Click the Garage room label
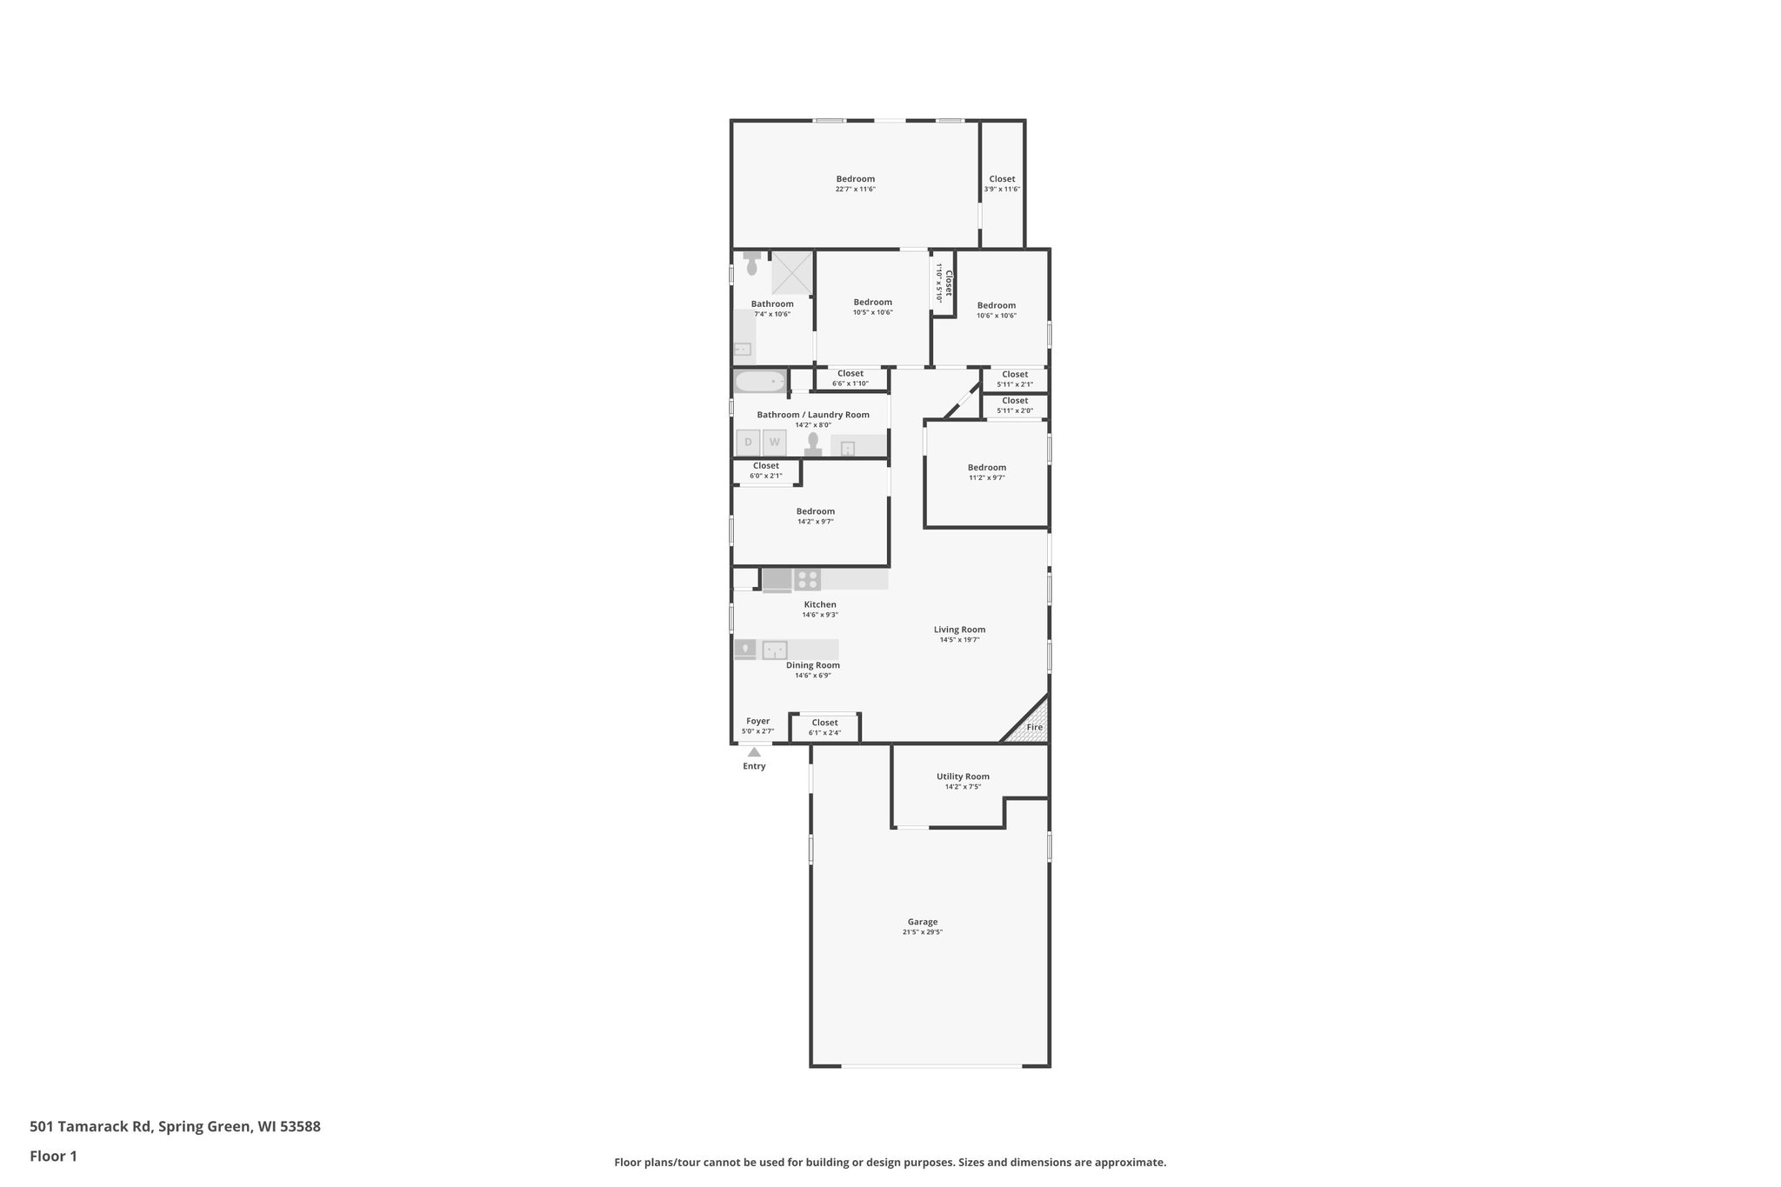click(922, 922)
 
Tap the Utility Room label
click(963, 777)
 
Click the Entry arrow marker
click(754, 752)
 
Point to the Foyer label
click(757, 721)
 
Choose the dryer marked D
click(748, 443)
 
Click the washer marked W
click(774, 443)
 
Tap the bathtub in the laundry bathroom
click(760, 382)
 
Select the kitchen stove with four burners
click(807, 580)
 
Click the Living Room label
click(959, 630)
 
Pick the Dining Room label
click(813, 665)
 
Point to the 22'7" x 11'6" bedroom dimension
click(856, 189)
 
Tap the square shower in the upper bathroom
click(791, 272)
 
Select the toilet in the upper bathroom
click(751, 263)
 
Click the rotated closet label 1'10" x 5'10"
click(944, 283)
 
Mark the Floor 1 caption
click(53, 1157)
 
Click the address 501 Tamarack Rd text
click(175, 1127)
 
